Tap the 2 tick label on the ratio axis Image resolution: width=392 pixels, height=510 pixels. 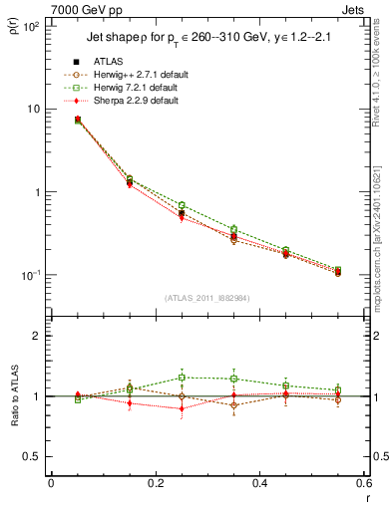click(35, 336)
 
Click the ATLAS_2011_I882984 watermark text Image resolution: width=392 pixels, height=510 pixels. click(206, 298)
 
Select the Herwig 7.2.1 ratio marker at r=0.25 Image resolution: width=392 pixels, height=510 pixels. click(182, 378)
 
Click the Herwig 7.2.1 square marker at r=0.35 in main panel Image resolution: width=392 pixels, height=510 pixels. click(233, 230)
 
